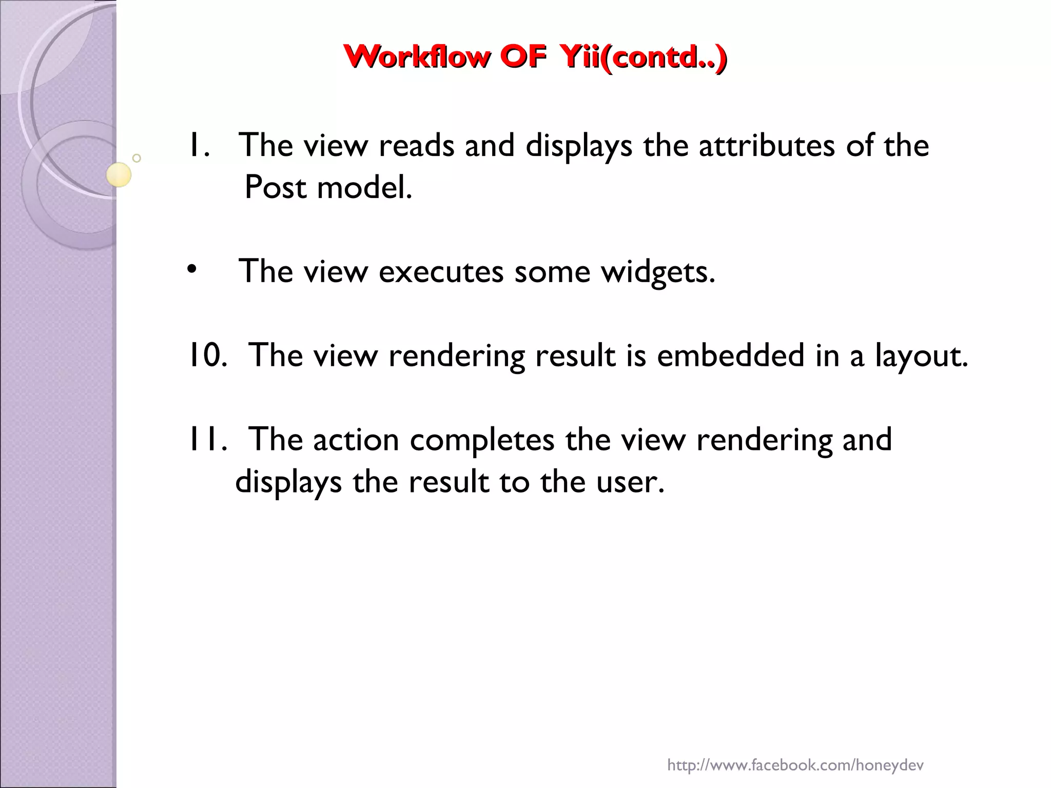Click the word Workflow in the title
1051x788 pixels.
(x=416, y=57)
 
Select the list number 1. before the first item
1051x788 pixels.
(x=199, y=145)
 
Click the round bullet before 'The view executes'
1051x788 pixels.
(x=191, y=269)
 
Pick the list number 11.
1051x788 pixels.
(x=207, y=440)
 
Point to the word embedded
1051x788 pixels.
(x=730, y=355)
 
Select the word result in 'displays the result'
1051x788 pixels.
(x=449, y=482)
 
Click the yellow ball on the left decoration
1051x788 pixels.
(x=119, y=174)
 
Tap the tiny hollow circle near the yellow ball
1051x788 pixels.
(x=137, y=158)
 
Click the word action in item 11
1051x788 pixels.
(x=356, y=440)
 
